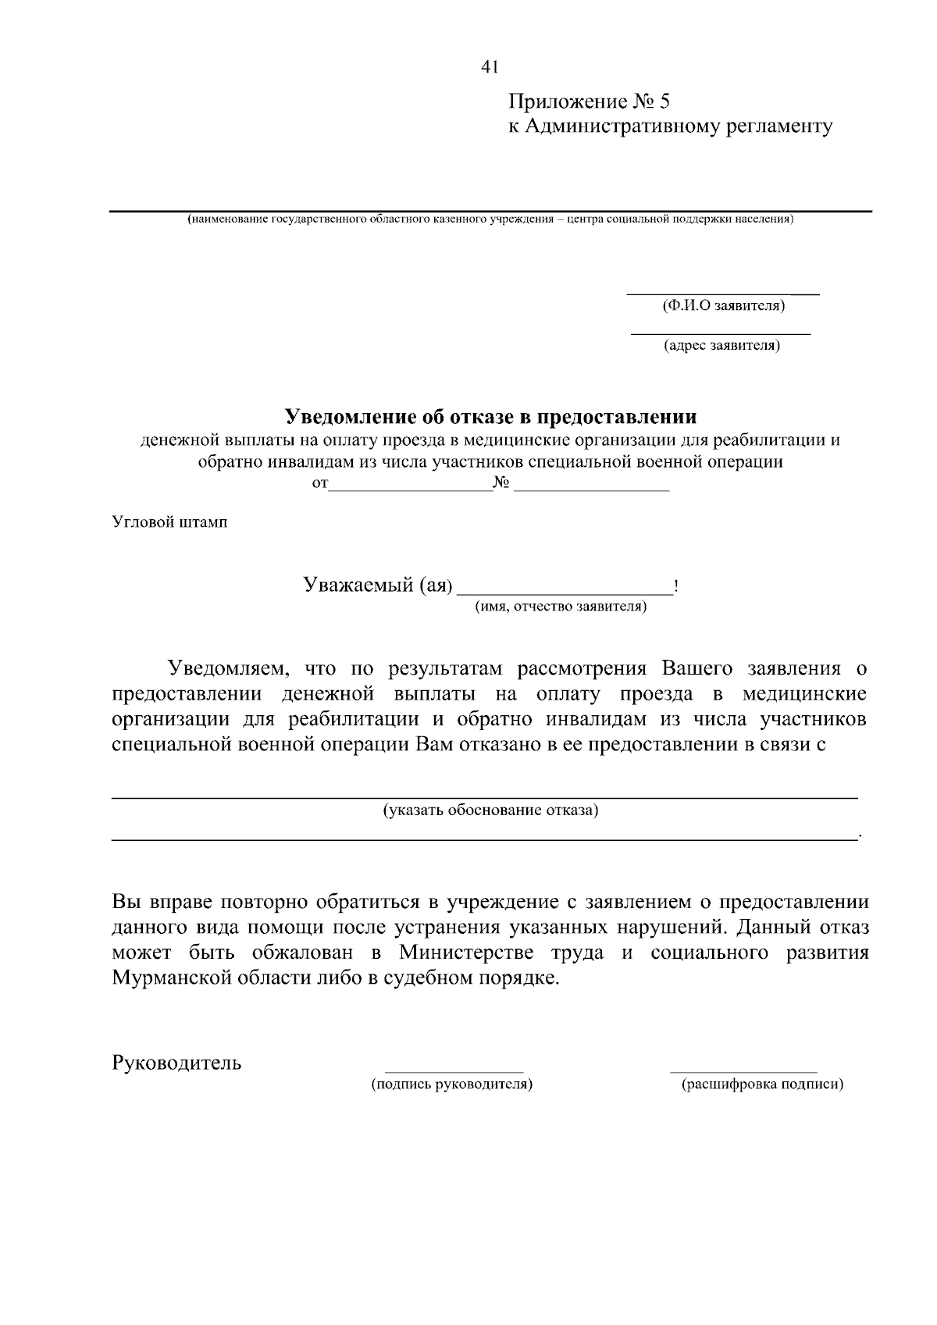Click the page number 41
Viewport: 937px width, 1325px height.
click(490, 68)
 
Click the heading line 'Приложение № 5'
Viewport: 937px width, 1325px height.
click(590, 102)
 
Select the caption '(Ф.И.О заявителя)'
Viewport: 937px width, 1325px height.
click(723, 306)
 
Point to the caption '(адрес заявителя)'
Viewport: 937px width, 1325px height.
click(721, 345)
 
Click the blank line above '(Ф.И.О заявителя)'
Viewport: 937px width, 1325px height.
click(723, 294)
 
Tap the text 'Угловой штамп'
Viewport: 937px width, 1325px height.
click(169, 522)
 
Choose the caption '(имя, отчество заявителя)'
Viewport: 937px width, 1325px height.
click(561, 607)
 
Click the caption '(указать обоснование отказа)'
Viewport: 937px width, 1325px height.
click(490, 810)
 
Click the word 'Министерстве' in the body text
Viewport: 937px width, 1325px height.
click(467, 953)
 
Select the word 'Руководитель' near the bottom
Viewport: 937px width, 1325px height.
click(177, 1063)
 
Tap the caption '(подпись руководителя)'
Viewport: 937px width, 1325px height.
click(452, 1085)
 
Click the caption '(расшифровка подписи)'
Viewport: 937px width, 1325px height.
click(762, 1085)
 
